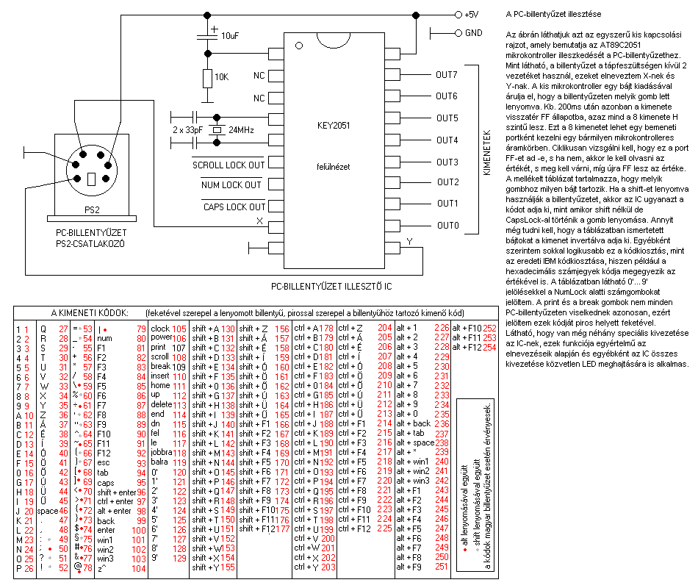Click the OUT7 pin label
pos(446,75)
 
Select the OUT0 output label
pos(446,225)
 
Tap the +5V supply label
pos(472,14)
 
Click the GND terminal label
pos(473,33)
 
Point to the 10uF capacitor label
pos(229,36)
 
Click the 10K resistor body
pos(207,77)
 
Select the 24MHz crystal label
pos(242,130)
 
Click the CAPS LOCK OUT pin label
pos(234,207)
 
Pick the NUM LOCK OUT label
pos(232,185)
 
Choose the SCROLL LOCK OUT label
pos(229,165)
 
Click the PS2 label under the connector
pos(92,210)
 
